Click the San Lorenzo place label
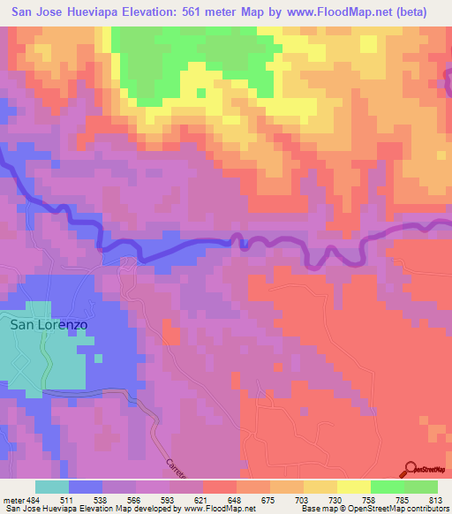(49, 324)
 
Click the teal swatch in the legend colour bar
(52, 487)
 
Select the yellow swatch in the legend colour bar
(354, 487)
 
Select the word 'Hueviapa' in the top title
(106, 12)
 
